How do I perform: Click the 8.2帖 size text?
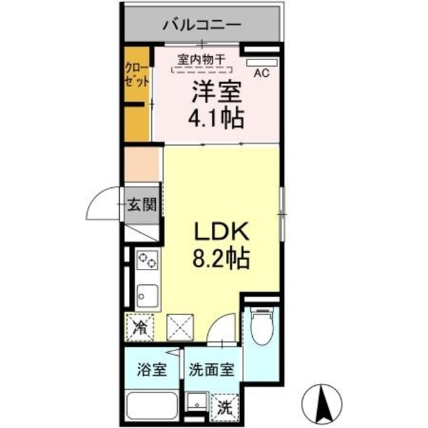[x=221, y=258]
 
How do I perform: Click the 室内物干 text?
[x=202, y=58]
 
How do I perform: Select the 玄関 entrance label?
[x=142, y=205]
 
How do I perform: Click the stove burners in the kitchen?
[x=146, y=259]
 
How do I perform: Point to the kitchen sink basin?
[x=147, y=293]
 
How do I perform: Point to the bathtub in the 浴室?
[x=152, y=404]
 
